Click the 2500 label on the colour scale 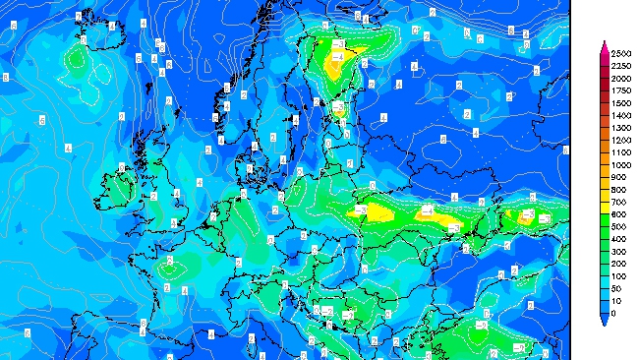point(620,53)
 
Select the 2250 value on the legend point(620,65)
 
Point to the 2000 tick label point(620,78)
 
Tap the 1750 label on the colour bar point(620,90)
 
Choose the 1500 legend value point(620,102)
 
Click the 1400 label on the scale point(620,115)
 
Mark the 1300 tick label point(620,128)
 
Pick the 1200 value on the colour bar point(620,140)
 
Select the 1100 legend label point(620,152)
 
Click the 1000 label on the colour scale point(620,165)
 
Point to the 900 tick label point(618,177)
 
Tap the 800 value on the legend point(618,190)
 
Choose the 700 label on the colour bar point(618,202)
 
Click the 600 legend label point(618,214)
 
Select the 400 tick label point(618,239)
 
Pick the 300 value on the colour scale point(618,252)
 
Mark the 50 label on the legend point(616,289)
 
